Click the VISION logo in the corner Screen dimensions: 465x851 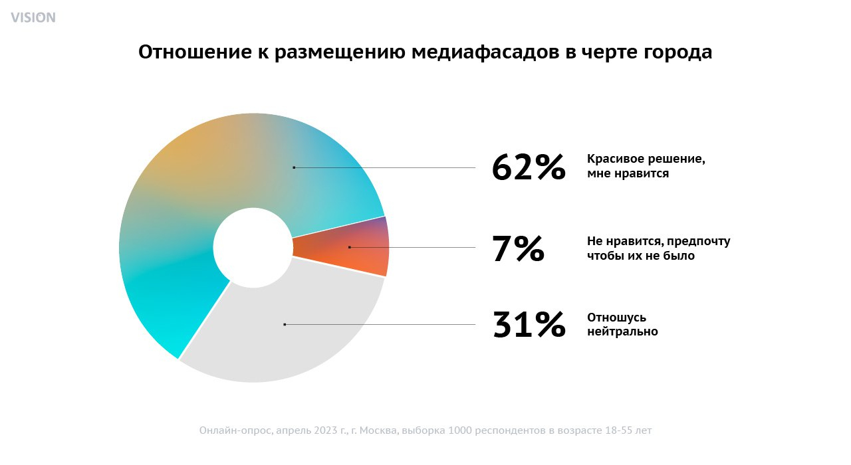[33, 17]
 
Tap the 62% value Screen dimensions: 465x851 [529, 167]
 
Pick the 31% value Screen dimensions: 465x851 [529, 324]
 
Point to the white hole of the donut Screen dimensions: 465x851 [253, 247]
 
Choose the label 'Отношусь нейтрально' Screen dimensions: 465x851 [622, 324]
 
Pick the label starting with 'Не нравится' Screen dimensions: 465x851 [658, 248]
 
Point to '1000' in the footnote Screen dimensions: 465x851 [462, 430]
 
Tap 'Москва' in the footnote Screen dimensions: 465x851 [376, 430]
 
